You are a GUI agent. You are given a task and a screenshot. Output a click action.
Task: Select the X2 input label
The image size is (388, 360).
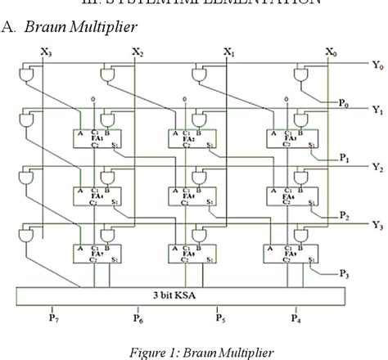pyautogui.click(x=138, y=52)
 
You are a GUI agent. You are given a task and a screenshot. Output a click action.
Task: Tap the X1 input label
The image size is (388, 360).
pyautogui.click(x=230, y=52)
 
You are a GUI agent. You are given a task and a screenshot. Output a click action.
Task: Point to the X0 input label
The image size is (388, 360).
pyautogui.click(x=330, y=52)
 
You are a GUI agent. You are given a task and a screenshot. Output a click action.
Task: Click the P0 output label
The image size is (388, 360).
pyautogui.click(x=342, y=105)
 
